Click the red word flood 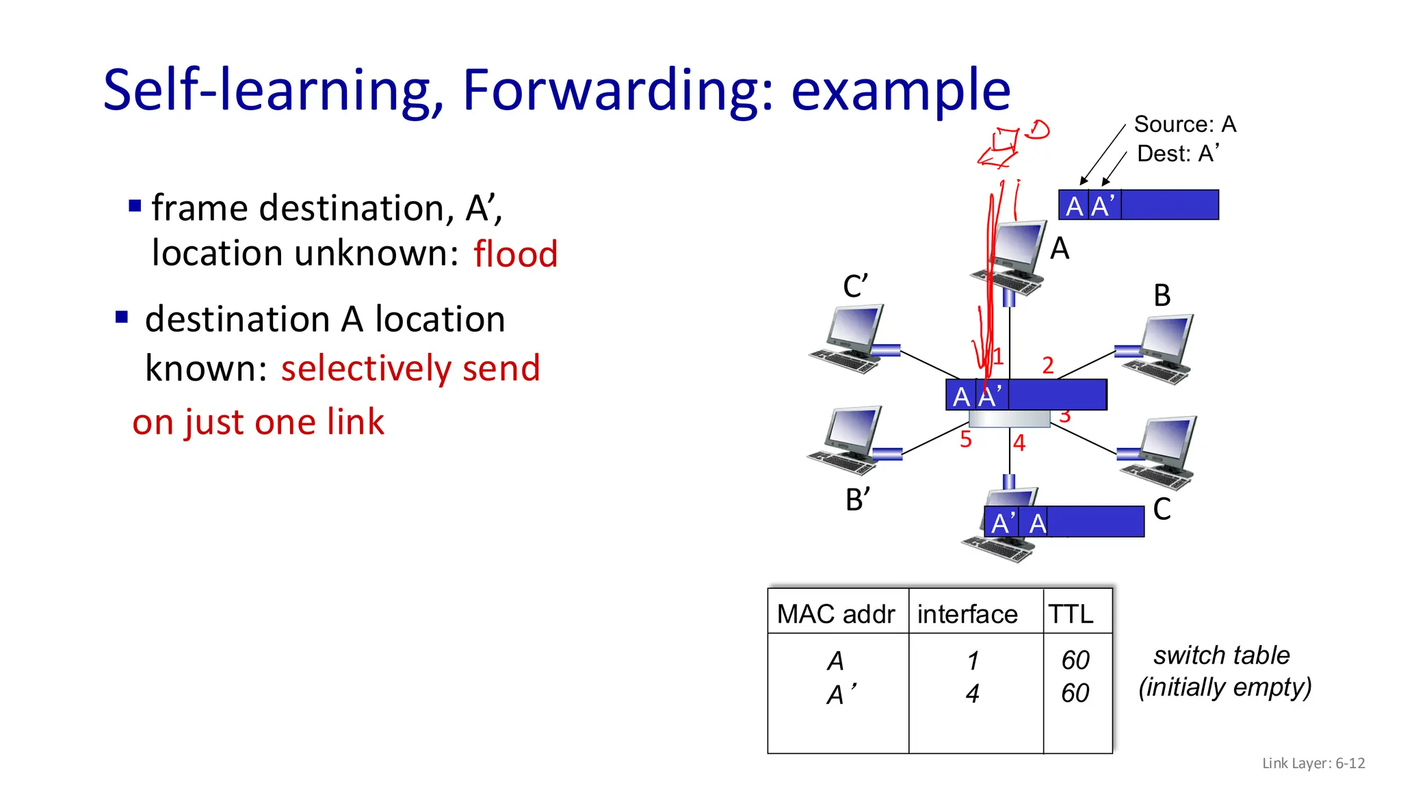click(515, 254)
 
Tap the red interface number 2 click(1047, 365)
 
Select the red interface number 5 click(965, 439)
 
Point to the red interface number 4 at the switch click(1019, 443)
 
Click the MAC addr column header click(836, 614)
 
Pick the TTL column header click(1071, 614)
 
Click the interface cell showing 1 click(973, 661)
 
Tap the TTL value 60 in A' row click(1075, 694)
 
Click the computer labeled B click(1160, 350)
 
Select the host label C click(1162, 509)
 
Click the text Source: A click(1185, 124)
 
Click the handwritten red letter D click(1038, 129)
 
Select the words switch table click(1221, 655)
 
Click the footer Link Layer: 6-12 click(1313, 763)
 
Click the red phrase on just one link click(258, 422)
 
